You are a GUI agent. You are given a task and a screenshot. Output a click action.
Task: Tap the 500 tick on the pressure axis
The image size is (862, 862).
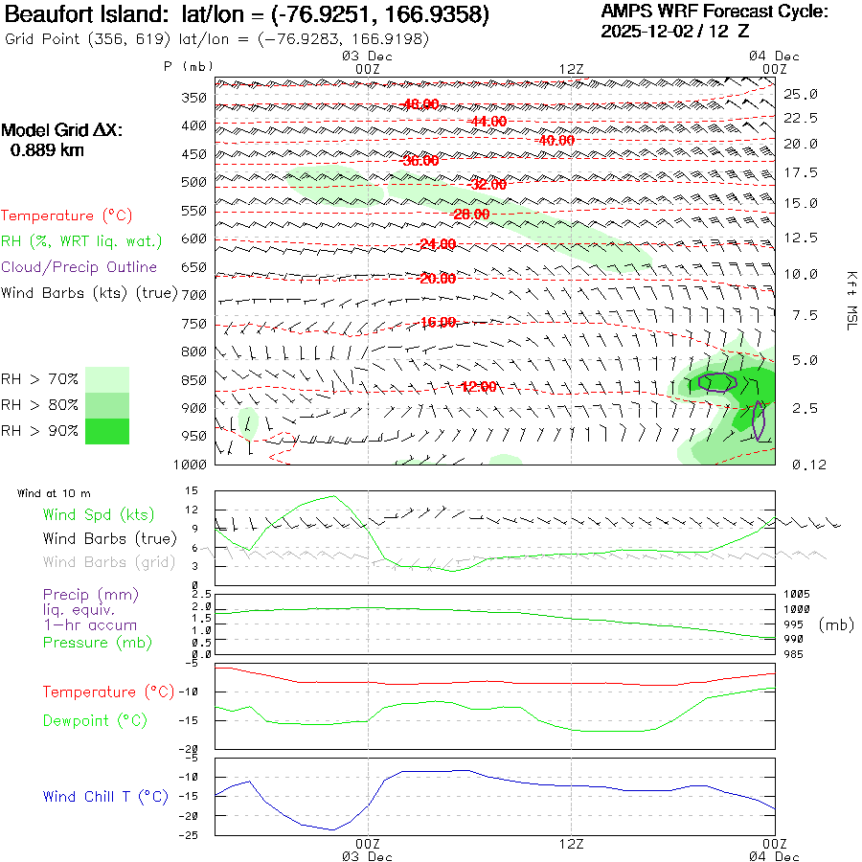tap(194, 182)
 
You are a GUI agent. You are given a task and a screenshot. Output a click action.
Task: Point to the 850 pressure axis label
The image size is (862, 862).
tap(194, 380)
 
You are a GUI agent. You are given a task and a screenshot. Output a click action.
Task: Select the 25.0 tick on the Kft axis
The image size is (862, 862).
tap(801, 94)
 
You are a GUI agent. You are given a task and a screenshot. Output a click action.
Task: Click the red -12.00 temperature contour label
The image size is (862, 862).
tap(478, 387)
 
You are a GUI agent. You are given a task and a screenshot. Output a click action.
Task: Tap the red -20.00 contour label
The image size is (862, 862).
tap(437, 279)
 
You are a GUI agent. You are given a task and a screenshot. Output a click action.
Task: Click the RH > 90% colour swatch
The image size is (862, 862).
tap(107, 431)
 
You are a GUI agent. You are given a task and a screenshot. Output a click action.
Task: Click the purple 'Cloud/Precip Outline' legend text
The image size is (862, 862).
tap(79, 267)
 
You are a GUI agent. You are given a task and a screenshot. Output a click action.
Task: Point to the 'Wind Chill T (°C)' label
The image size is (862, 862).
tap(105, 796)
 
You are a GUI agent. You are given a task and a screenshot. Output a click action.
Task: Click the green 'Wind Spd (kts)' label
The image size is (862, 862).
tap(99, 514)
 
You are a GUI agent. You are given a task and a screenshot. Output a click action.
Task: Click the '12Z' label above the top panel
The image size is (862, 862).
tap(571, 68)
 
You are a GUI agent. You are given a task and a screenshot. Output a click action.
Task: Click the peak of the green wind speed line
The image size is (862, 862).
tap(333, 496)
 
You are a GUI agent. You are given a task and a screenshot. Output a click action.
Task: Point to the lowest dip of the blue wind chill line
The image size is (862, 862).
tap(333, 829)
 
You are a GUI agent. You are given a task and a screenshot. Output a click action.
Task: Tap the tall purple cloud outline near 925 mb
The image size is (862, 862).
tap(759, 420)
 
